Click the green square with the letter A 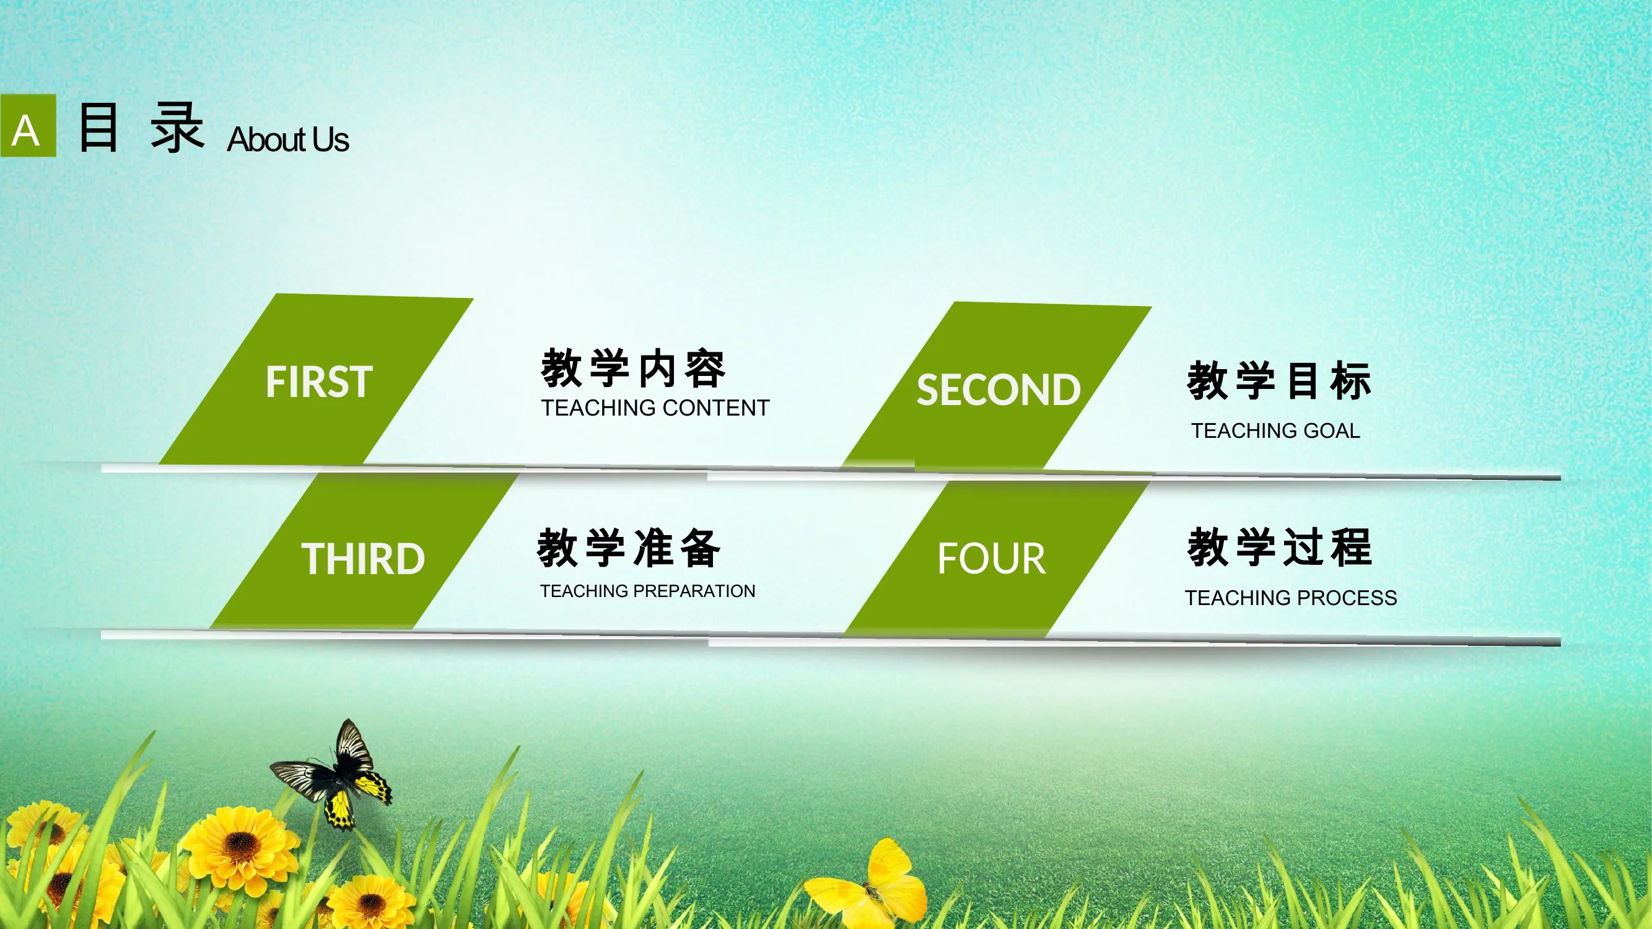(x=28, y=126)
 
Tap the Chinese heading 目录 (x=142, y=128)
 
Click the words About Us (x=288, y=140)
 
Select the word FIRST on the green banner (x=319, y=382)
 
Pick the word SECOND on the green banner (x=999, y=390)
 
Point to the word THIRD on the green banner (x=363, y=559)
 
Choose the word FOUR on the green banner (x=992, y=559)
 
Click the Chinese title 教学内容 (x=634, y=369)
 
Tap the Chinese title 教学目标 (x=1279, y=381)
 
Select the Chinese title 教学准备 (x=629, y=548)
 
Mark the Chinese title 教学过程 (x=1279, y=547)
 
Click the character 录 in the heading (x=178, y=128)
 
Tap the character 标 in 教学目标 (x=1351, y=381)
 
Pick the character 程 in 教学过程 (x=1351, y=547)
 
